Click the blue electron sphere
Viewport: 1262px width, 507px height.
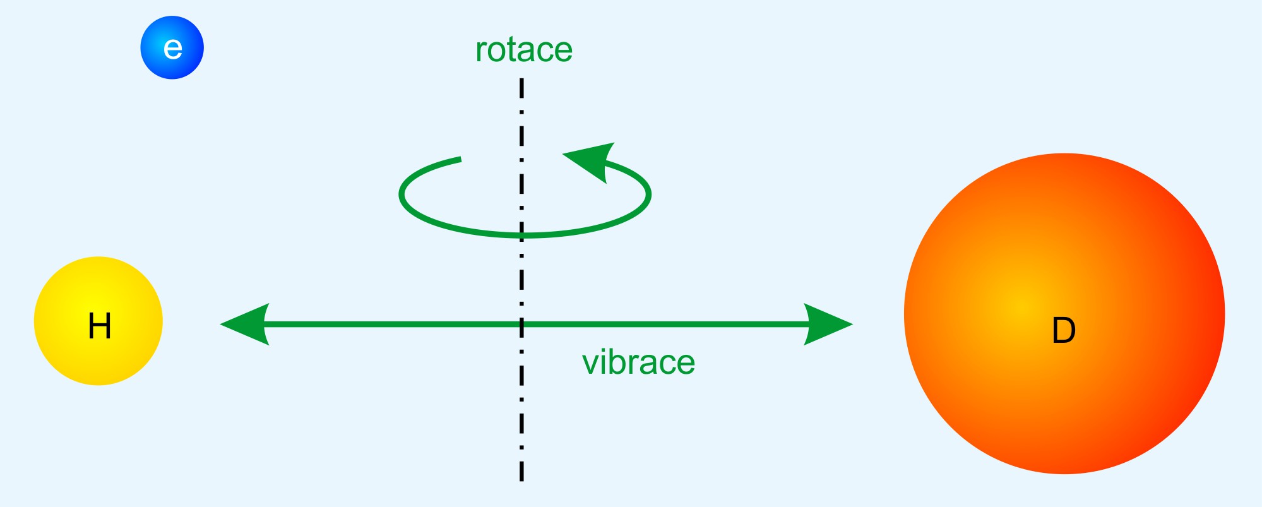click(172, 47)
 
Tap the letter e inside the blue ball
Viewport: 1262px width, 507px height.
click(172, 49)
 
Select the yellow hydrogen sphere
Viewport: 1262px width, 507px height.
click(98, 321)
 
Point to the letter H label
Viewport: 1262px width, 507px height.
click(100, 326)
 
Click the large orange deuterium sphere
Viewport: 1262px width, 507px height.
click(1064, 314)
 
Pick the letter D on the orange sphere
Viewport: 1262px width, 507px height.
click(1064, 330)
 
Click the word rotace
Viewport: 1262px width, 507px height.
click(523, 50)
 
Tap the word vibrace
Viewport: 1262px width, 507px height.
click(638, 362)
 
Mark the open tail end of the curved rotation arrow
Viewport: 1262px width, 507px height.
click(460, 159)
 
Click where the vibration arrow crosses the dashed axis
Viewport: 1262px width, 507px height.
click(521, 325)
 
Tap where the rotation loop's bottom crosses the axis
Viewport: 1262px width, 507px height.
click(521, 236)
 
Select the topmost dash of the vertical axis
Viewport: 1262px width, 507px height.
click(521, 88)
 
